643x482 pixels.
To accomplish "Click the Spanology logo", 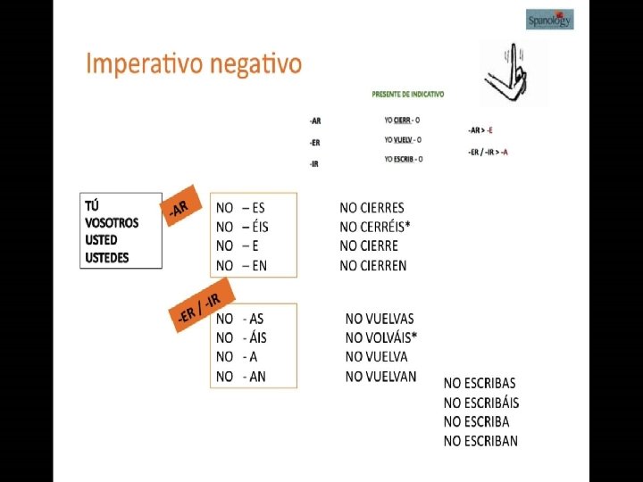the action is [549, 20].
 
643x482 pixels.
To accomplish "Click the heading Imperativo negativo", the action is [194, 65].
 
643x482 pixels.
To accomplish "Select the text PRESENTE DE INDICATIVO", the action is [408, 94].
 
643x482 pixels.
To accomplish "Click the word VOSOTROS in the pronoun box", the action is [112, 223].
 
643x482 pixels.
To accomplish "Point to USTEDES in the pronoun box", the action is [107, 258].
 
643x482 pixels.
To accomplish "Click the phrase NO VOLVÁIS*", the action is [381, 337].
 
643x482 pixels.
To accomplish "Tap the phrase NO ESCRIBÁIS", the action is [481, 403].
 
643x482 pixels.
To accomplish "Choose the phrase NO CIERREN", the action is [373, 265].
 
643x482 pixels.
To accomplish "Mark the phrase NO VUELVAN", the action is [380, 377].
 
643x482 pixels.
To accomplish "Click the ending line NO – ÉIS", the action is [242, 227].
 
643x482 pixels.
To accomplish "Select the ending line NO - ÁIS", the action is [241, 337].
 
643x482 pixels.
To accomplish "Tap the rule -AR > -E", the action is [480, 130].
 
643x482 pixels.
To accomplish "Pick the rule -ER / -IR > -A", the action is [488, 152].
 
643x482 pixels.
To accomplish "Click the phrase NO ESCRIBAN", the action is [480, 441].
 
